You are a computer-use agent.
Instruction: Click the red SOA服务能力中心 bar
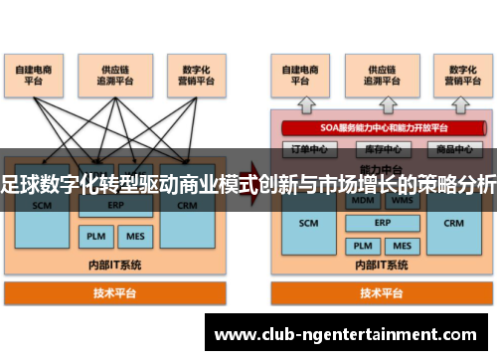point(378,127)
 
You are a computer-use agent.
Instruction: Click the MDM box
point(362,199)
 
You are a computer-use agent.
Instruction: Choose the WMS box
point(401,199)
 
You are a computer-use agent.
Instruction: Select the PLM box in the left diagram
point(94,237)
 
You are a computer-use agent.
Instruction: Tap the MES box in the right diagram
point(401,245)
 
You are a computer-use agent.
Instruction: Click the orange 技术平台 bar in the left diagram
point(115,293)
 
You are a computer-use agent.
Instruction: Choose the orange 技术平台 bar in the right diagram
point(382,293)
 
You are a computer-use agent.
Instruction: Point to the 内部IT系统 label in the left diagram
point(115,266)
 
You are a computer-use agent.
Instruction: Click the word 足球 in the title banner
point(22,184)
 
